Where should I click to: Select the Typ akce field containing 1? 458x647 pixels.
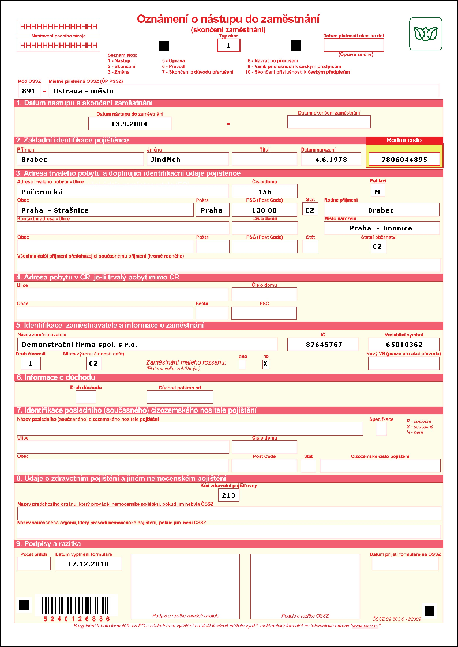coord(228,45)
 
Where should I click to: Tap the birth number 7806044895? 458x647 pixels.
coord(404,160)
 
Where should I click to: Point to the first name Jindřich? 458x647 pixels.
coord(187,160)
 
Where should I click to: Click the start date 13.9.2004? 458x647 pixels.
coord(130,123)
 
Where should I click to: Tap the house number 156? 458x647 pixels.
coord(264,192)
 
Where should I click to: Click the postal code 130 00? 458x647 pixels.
coord(264,210)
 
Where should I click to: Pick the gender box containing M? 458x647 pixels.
coord(377,191)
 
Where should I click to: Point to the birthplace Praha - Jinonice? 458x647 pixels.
coord(381,228)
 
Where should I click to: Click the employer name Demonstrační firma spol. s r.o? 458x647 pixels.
coord(147,345)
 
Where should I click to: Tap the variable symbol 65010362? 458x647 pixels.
coord(403,345)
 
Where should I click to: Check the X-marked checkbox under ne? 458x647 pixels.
coord(265,364)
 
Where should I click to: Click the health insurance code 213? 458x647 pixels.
coord(228,495)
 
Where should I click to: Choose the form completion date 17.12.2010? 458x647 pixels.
coord(88,563)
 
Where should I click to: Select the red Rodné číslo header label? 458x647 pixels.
coord(404,140)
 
